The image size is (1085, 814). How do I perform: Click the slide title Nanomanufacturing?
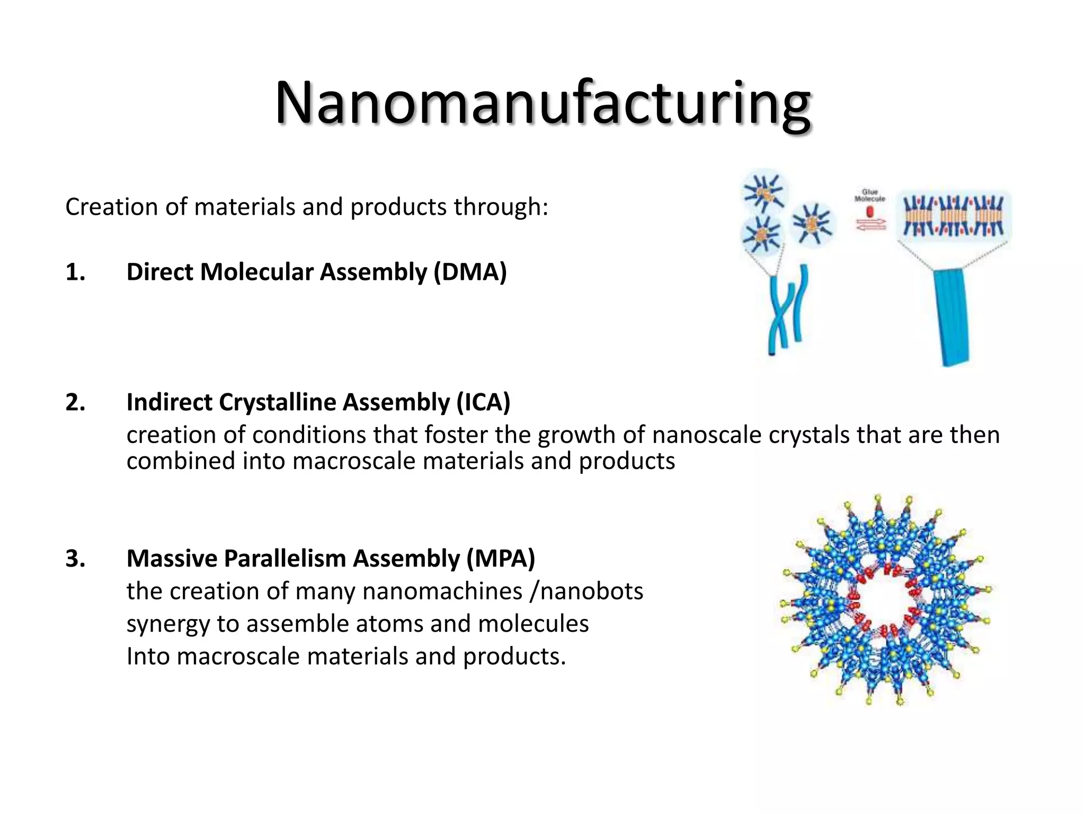click(x=542, y=103)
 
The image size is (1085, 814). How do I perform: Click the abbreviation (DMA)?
click(x=470, y=272)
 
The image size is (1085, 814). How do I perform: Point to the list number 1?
click(x=75, y=272)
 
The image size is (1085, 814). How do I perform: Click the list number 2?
click(x=75, y=402)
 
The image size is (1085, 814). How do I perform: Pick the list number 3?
click(x=75, y=559)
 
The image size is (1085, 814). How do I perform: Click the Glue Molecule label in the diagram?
click(x=869, y=196)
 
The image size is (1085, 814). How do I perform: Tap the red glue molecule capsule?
click(x=870, y=211)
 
